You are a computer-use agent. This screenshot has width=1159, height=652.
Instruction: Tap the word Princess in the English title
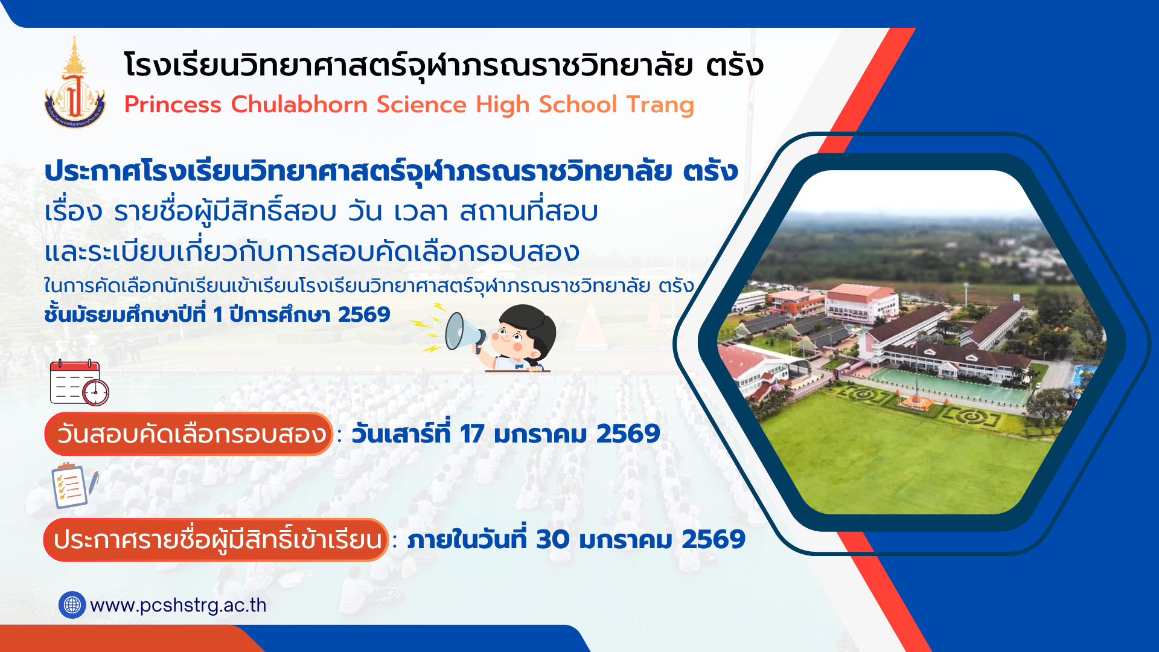point(173,104)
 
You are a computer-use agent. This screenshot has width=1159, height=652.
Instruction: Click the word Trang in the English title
point(660,105)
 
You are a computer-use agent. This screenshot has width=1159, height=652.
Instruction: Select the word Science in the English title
point(421,104)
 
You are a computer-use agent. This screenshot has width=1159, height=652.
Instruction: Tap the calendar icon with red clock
point(79,383)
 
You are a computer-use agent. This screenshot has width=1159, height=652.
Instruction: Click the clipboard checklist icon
point(74,485)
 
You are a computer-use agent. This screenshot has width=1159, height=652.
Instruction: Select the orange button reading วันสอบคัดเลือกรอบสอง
point(188,434)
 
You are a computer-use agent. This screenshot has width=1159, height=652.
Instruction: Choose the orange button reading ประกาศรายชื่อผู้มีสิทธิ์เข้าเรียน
point(216,540)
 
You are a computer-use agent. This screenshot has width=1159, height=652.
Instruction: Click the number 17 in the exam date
point(471,434)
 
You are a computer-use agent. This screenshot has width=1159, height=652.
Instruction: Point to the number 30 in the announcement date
point(552,539)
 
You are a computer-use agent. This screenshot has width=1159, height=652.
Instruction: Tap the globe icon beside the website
point(72,604)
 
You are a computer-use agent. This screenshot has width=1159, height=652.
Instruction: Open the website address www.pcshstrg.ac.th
point(178,605)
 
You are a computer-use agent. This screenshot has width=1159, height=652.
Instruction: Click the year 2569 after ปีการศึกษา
point(364,315)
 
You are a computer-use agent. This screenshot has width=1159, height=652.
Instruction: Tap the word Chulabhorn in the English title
point(299,104)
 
